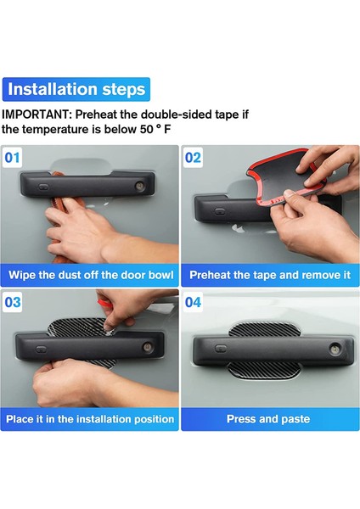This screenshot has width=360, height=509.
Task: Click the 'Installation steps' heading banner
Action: pos(76,89)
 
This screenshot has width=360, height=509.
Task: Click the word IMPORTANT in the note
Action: pos(35,115)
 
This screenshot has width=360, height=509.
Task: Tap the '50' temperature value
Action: pos(147,129)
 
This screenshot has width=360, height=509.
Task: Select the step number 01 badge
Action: pos(12,158)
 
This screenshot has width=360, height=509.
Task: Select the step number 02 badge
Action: pos(193,158)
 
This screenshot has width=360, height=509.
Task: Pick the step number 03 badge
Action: pos(13,302)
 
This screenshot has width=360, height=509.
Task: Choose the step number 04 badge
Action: pos(193,302)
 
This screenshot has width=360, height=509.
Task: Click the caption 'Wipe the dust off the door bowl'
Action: pos(91,275)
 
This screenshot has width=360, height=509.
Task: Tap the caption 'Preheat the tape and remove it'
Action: pos(270,275)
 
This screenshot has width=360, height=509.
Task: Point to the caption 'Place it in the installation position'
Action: pos(90,419)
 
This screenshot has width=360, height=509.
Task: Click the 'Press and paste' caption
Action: pos(268,419)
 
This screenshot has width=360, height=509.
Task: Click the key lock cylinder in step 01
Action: pos(140,186)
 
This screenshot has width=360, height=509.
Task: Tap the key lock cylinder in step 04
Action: pos(334,349)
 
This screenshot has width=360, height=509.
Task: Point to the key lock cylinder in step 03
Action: pos(148,346)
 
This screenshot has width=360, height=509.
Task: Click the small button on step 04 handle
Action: pos(221,349)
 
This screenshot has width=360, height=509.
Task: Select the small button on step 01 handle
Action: pos(43,187)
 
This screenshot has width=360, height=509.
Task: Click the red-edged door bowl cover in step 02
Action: pos(284,177)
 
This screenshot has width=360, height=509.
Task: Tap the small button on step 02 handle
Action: pos(220,211)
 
